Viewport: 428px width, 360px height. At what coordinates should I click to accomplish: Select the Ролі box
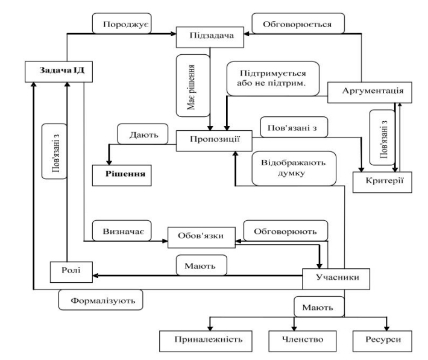tap(71, 271)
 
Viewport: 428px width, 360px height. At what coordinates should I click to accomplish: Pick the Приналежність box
tap(201, 339)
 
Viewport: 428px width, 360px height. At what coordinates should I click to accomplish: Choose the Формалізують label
tap(101, 298)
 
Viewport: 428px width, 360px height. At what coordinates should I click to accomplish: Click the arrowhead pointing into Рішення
tap(109, 161)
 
